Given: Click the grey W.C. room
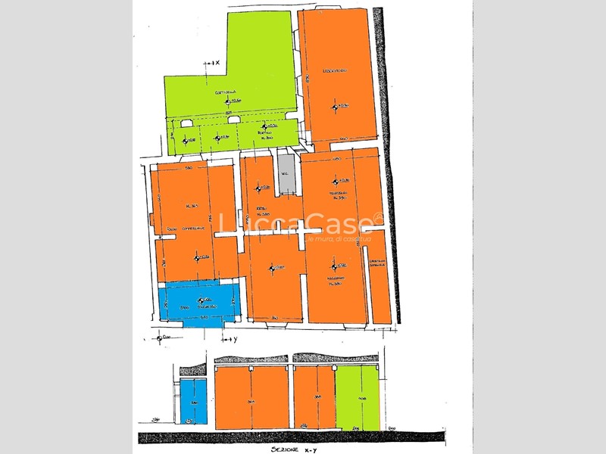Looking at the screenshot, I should coord(285,174).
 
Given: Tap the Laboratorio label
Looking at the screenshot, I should coord(334,70).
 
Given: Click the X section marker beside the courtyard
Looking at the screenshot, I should coord(214,64).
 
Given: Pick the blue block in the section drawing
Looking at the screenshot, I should coord(193,401).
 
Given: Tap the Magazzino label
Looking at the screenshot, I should coord(337,279).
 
